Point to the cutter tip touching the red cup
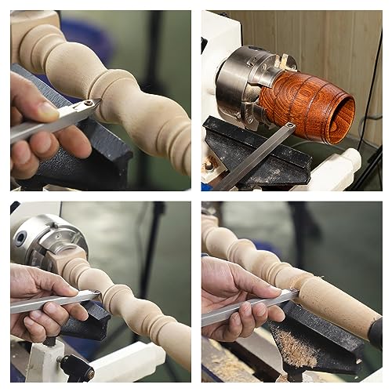(x=289, y=125)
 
